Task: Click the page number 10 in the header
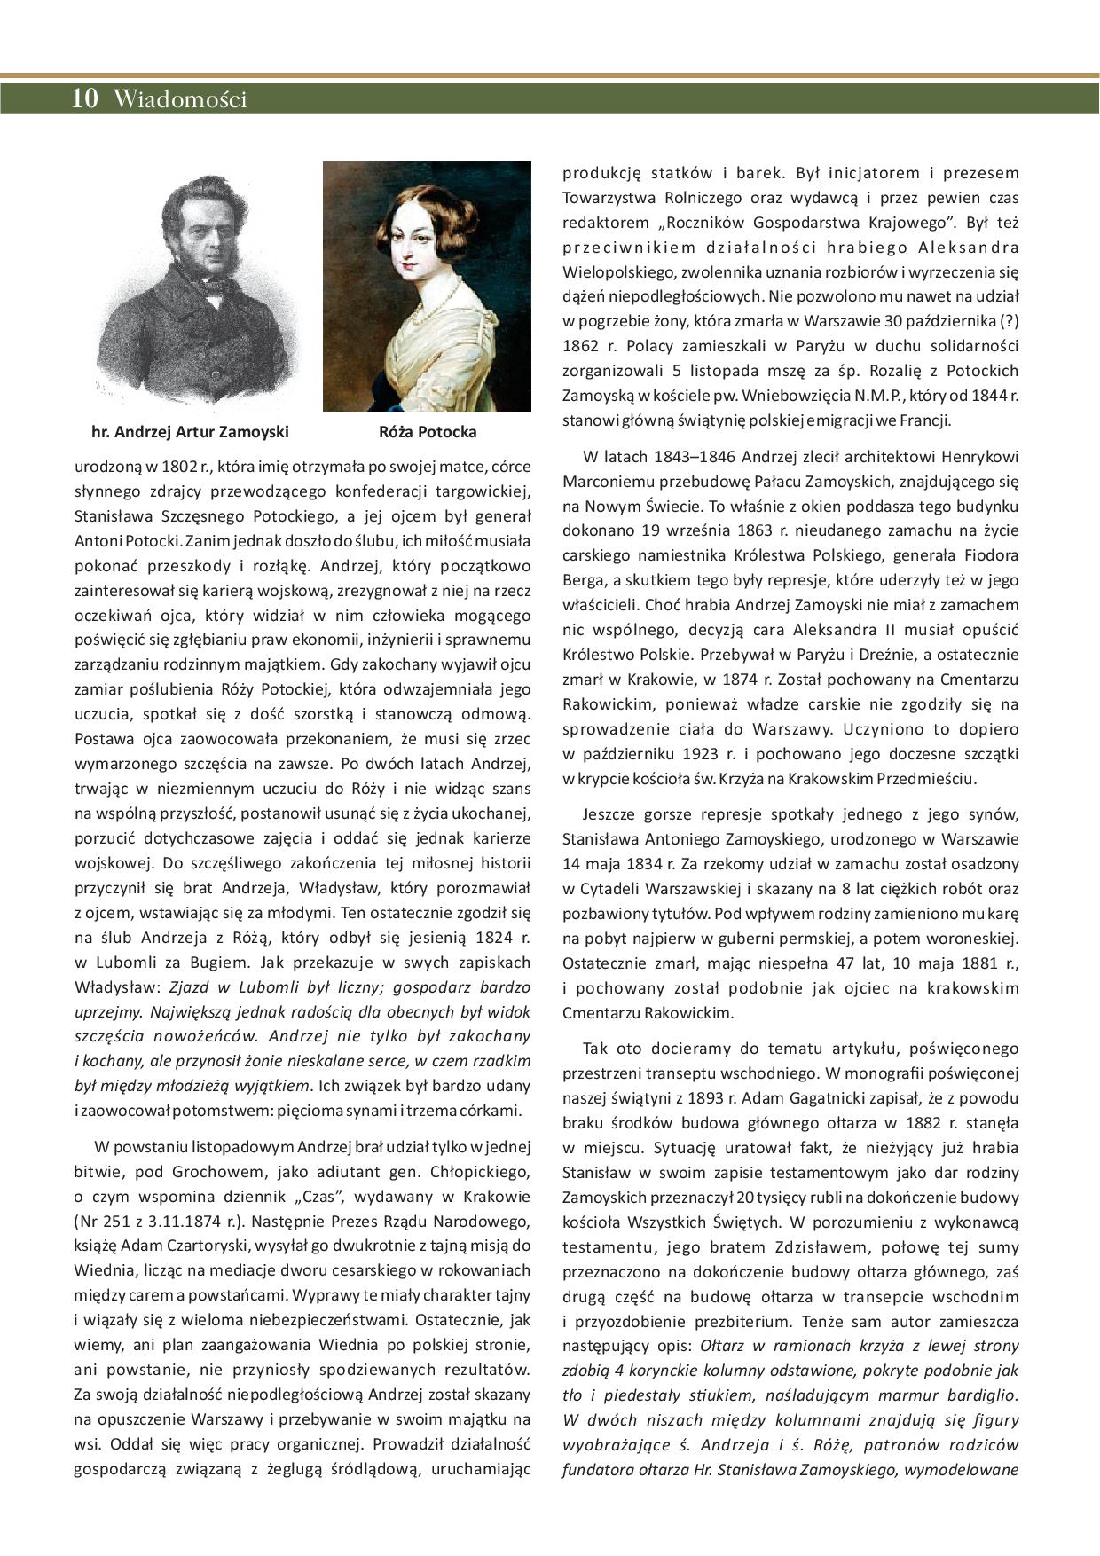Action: [x=85, y=98]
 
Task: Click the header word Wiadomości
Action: [x=180, y=99]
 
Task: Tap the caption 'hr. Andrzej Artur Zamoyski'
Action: [x=190, y=433]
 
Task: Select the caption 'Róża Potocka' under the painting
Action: [x=427, y=433]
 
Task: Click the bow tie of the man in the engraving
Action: [x=210, y=286]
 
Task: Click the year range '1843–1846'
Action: [x=692, y=458]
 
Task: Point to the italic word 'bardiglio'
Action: [x=982, y=1395]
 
